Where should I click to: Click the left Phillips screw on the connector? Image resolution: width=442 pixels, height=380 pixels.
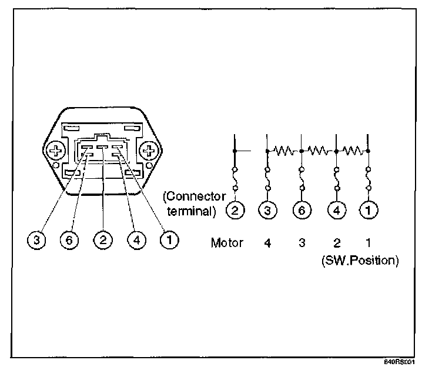[x=56, y=152]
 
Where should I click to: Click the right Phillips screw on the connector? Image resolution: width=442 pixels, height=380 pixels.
[x=150, y=152]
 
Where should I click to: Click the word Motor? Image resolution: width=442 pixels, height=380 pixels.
[x=226, y=242]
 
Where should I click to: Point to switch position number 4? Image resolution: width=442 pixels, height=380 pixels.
[x=268, y=242]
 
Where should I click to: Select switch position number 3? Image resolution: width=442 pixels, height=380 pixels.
[x=302, y=242]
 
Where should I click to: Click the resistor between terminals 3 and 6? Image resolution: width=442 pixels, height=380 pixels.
[x=284, y=151]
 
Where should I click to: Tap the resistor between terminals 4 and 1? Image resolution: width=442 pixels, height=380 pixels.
[x=352, y=151]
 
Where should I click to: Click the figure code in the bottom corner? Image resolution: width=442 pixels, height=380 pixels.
[x=400, y=363]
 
